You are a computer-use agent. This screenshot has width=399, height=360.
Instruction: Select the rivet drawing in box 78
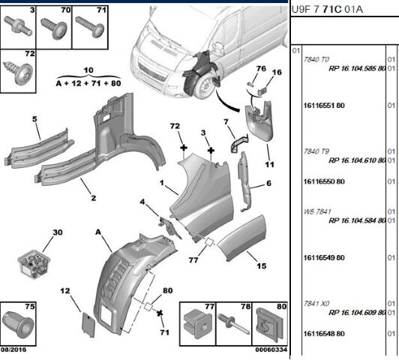pyautogui.click(x=233, y=324)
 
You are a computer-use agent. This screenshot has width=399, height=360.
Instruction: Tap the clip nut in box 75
pyautogui.click(x=18, y=324)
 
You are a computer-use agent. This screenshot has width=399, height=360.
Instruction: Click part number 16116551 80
pyautogui.click(x=324, y=105)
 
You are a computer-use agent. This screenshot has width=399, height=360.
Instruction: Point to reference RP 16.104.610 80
pyautogui.click(x=357, y=160)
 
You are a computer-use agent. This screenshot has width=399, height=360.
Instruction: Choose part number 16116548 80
pyautogui.click(x=324, y=334)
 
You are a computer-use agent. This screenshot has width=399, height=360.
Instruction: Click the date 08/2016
pyautogui.click(x=13, y=349)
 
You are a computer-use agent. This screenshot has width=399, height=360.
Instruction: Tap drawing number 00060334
pyautogui.click(x=271, y=349)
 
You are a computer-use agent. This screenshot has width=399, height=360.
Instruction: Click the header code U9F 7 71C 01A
pyautogui.click(x=327, y=10)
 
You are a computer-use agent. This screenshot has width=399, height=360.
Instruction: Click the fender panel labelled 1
pyautogui.click(x=202, y=196)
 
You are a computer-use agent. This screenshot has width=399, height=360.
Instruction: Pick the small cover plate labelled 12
pyautogui.click(x=88, y=325)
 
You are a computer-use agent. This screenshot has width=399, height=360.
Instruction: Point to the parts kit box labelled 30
pyautogui.click(x=34, y=264)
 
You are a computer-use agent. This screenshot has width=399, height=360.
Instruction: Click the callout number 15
pyautogui.click(x=261, y=266)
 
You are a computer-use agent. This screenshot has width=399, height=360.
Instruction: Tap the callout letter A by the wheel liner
pyautogui.click(x=98, y=232)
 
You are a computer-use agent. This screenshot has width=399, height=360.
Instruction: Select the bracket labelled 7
pyautogui.click(x=239, y=144)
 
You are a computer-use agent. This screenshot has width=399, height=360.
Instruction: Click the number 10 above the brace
pyautogui.click(x=88, y=70)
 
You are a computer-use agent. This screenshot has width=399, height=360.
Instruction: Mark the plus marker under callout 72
pyautogui.click(x=184, y=148)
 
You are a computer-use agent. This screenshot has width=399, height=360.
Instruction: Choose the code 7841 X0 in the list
pyautogui.click(x=316, y=304)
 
